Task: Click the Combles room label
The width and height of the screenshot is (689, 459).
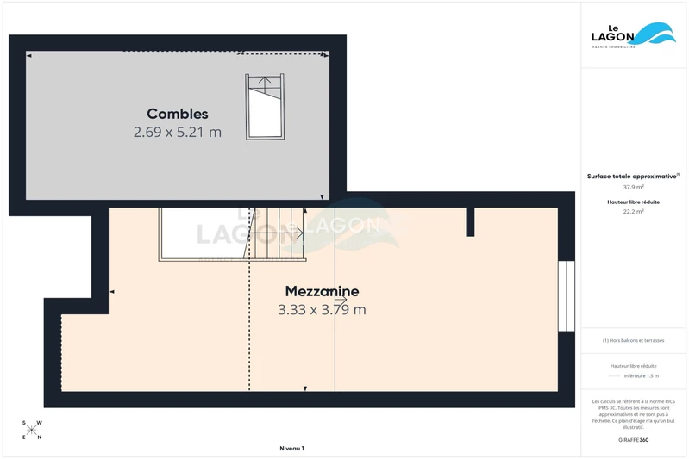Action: pos(177,114)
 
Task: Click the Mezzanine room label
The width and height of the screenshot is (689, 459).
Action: pos(322,291)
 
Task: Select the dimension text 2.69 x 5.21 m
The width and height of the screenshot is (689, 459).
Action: pos(177,133)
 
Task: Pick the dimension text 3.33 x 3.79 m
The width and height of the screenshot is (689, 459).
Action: pos(322,310)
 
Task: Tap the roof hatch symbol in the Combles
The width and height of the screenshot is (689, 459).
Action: pos(265,105)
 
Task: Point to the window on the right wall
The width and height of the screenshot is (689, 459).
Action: pos(566,296)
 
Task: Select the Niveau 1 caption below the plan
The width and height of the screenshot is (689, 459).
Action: pos(291,449)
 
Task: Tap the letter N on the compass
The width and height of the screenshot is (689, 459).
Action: pos(39,437)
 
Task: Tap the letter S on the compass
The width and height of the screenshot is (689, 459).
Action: pos(25,424)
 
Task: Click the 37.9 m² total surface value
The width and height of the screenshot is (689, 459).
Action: pos(634,186)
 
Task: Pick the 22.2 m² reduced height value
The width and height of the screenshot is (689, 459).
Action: pos(634,211)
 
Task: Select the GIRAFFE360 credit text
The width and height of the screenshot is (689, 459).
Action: pos(634,439)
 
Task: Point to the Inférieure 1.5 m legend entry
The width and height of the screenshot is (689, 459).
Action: pos(640,376)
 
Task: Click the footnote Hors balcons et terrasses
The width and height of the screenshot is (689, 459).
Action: pos(634,341)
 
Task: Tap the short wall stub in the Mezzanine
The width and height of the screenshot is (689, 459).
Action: pos(470,220)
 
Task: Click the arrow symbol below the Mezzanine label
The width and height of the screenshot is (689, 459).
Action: pos(341,301)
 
